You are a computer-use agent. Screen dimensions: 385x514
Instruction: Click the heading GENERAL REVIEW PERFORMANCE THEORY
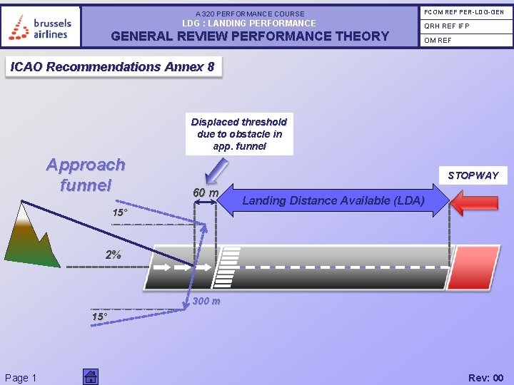[250, 36]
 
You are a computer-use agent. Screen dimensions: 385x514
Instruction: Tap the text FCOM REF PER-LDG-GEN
[465, 11]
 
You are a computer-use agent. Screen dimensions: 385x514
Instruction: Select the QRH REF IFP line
[447, 26]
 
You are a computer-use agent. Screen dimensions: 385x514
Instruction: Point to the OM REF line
[438, 40]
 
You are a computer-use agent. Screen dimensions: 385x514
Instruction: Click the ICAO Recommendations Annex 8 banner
[112, 67]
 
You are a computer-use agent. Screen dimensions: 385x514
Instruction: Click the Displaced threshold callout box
[239, 134]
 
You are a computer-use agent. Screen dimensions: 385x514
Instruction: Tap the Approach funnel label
[86, 175]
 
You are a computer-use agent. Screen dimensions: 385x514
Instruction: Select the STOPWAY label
[473, 175]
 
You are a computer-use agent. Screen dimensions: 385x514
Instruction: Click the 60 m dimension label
[206, 192]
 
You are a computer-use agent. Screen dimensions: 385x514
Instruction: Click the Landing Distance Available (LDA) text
[333, 200]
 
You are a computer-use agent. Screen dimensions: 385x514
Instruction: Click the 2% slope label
[113, 255]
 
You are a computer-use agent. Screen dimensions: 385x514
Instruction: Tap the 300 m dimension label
[206, 301]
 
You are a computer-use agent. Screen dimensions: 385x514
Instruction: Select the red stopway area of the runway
[475, 268]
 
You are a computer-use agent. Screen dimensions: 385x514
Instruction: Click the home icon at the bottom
[90, 376]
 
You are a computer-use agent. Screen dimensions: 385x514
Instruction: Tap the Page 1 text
[21, 378]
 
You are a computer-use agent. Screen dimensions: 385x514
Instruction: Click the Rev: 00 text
[485, 378]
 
